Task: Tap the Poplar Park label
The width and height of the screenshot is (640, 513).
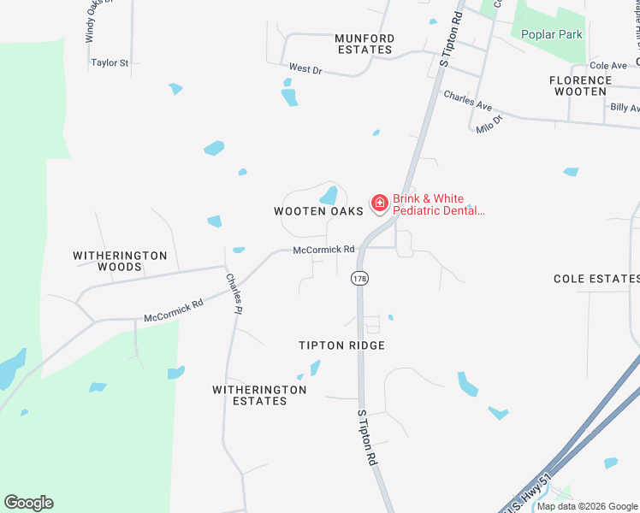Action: point(552,35)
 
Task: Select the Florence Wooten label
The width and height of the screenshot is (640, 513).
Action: point(581,85)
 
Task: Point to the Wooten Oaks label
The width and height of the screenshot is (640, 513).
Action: point(312,211)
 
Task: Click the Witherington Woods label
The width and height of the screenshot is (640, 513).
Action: point(119,261)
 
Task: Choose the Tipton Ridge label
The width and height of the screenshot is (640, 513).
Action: point(341,345)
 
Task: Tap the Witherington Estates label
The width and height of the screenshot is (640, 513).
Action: point(259,395)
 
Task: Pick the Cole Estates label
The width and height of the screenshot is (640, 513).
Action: point(596,279)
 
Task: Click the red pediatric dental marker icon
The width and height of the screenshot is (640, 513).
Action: point(378,203)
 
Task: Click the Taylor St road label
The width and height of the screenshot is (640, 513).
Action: point(110,63)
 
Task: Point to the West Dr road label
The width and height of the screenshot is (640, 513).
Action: point(305,68)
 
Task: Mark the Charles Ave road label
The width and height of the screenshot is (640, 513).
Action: point(467,101)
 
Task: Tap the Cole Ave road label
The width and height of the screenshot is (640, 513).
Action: point(608,66)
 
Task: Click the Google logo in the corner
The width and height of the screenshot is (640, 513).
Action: point(28,503)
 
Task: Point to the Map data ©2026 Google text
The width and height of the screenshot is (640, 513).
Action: point(587,506)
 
